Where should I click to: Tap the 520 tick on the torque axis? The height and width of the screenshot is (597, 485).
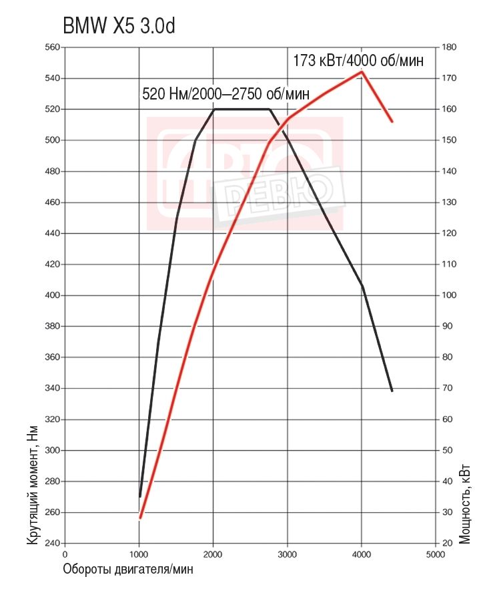(x=51, y=110)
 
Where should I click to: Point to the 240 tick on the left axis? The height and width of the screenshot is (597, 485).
(x=51, y=544)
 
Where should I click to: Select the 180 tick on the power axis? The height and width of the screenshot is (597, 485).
(x=449, y=47)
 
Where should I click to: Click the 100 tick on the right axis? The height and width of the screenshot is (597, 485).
(x=449, y=295)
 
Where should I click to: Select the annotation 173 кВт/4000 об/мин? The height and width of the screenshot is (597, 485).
(x=358, y=60)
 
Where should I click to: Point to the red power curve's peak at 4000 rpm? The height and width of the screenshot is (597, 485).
(x=362, y=71)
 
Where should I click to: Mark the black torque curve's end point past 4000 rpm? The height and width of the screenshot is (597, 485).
(x=392, y=391)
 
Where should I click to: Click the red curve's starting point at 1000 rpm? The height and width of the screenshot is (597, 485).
(x=140, y=518)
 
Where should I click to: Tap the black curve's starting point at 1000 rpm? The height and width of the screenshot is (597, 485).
(x=140, y=496)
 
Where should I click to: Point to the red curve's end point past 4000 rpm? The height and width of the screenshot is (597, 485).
(x=392, y=122)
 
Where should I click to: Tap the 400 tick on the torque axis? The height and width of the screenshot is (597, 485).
(x=51, y=295)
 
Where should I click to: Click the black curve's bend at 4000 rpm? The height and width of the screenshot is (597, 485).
(x=362, y=286)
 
